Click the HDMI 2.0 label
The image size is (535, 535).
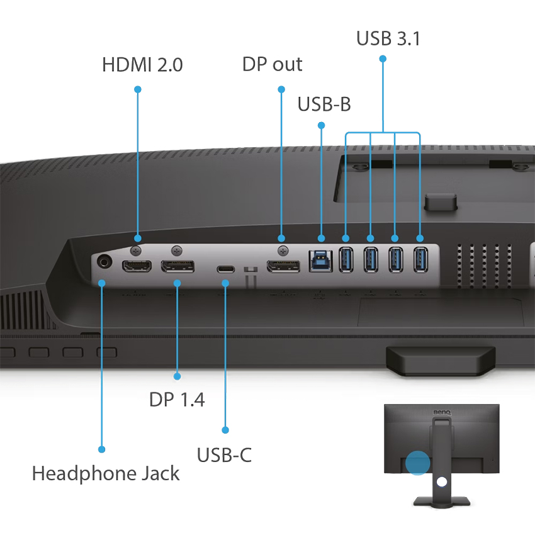click(142, 64)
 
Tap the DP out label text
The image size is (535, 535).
click(272, 64)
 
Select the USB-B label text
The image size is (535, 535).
click(324, 104)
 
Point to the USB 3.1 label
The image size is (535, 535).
click(388, 38)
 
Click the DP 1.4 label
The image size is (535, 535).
click(177, 399)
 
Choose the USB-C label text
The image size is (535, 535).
click(224, 454)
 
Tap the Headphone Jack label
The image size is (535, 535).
click(106, 473)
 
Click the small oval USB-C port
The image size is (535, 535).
click(225, 269)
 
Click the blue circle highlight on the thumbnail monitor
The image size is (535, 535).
click(417, 463)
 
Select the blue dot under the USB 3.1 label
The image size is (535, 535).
click(382, 59)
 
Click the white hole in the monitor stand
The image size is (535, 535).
click(441, 481)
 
